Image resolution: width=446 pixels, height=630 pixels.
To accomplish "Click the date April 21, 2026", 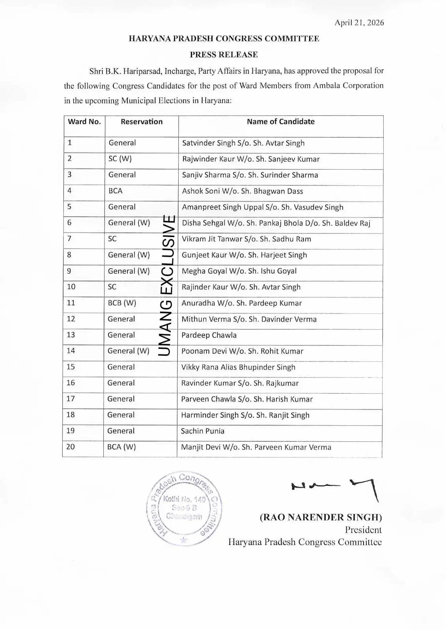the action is click(x=359, y=22).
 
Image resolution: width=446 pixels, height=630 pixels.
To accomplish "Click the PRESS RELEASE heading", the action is click(x=224, y=54).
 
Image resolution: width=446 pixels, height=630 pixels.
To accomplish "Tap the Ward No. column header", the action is click(x=84, y=122).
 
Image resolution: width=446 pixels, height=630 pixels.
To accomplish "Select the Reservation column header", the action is click(x=142, y=122).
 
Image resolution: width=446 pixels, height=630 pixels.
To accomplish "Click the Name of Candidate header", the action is click(x=280, y=122).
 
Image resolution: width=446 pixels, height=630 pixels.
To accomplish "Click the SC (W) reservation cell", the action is click(x=120, y=159).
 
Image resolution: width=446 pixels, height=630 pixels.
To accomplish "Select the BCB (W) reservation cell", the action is click(x=122, y=303).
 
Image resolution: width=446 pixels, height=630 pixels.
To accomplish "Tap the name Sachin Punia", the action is click(x=202, y=431).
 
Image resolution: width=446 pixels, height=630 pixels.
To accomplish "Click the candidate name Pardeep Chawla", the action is click(x=209, y=335).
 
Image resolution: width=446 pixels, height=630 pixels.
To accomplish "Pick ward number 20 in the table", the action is click(x=71, y=447).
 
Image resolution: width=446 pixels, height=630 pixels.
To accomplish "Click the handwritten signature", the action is click(x=335, y=488).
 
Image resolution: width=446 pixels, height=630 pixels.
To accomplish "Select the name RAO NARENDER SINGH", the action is click(x=321, y=517).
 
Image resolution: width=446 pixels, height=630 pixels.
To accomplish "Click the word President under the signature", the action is click(x=363, y=530).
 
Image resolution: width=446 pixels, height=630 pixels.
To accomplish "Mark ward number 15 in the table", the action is click(x=71, y=367).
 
